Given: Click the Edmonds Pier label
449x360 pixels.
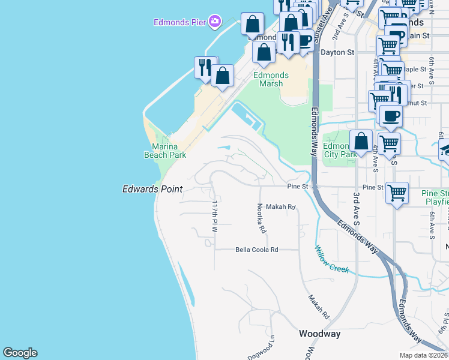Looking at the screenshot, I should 180,23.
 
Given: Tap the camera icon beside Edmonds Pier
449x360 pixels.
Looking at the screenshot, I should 215,23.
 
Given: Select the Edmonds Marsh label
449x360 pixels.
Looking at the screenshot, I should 271,79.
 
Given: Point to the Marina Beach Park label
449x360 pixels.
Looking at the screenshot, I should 165,151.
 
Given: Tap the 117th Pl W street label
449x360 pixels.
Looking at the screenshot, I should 214,217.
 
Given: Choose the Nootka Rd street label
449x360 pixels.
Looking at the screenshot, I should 262,218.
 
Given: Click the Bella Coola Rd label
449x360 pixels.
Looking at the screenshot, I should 257,249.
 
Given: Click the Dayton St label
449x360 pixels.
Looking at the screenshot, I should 337,52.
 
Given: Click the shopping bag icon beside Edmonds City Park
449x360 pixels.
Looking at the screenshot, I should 361,142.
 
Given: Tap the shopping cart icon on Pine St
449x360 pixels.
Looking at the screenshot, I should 397,193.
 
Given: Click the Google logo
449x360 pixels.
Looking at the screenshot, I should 20,353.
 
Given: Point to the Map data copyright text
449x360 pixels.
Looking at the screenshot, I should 423,355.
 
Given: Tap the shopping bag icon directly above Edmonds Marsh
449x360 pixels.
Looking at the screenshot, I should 264,52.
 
